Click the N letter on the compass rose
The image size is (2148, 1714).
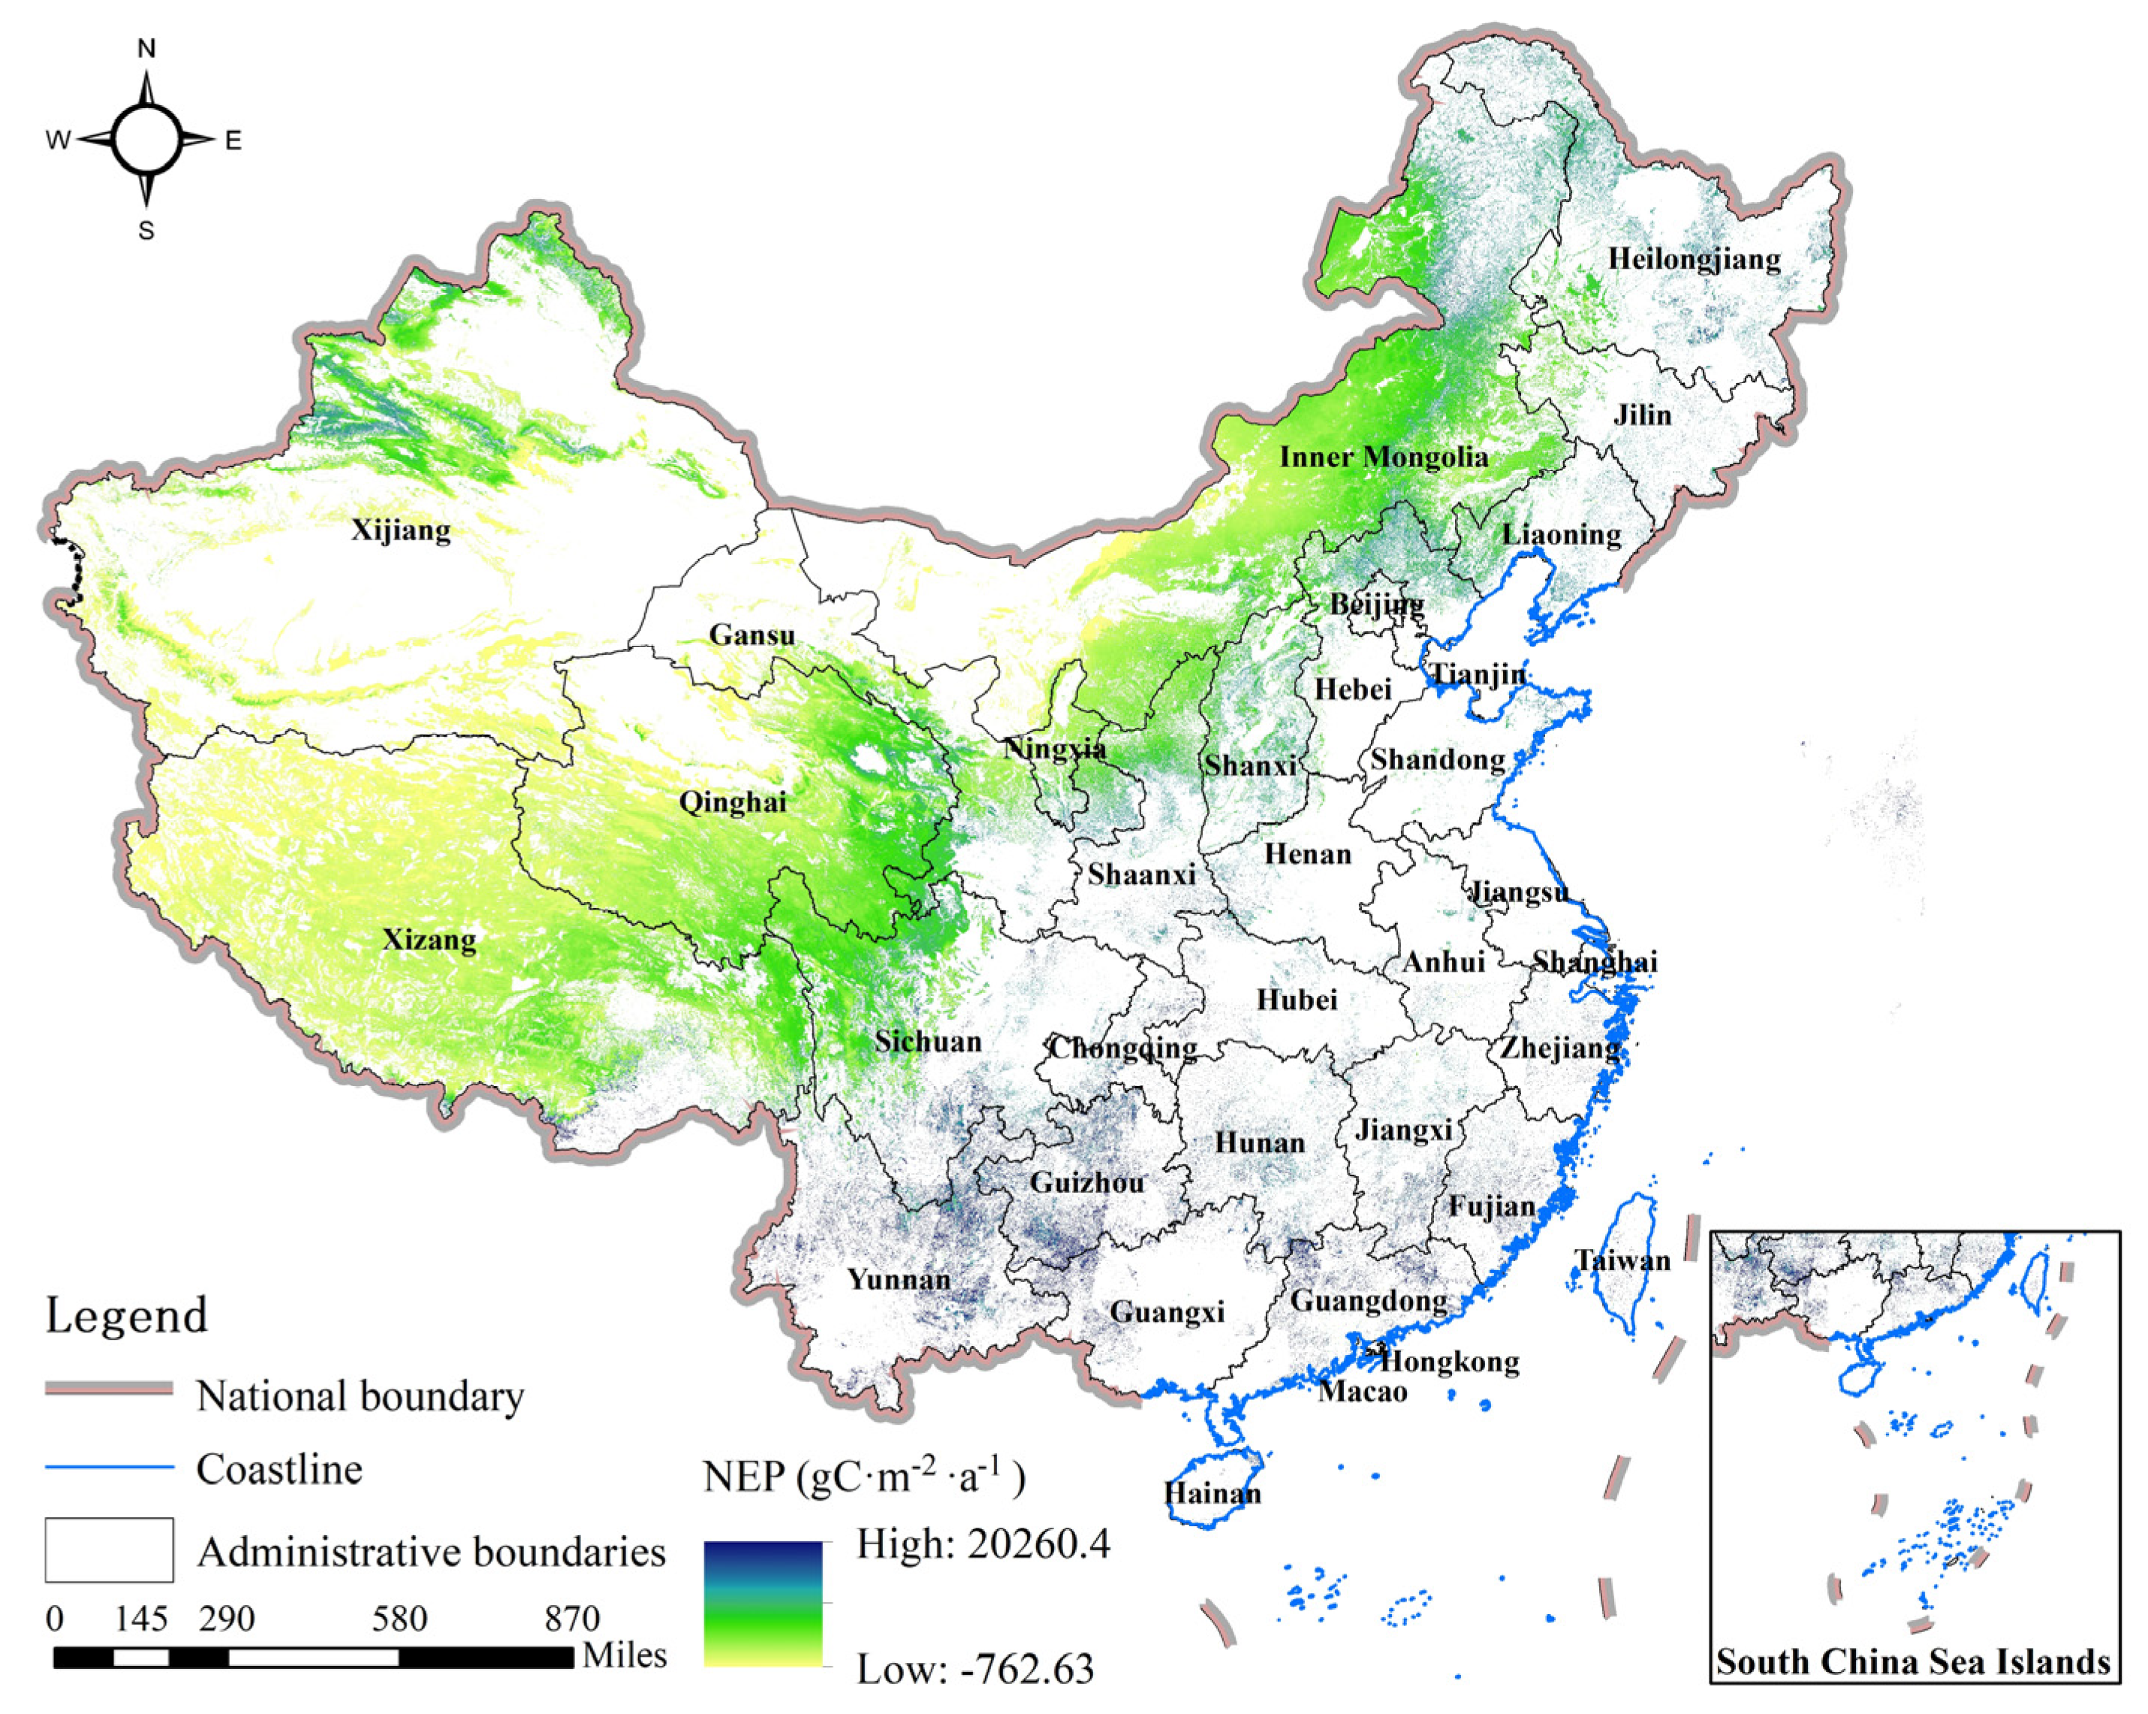coord(146,48)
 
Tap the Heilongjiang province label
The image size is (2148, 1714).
coord(1694,259)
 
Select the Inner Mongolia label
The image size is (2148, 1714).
coord(1383,457)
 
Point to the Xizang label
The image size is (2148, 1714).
coord(429,940)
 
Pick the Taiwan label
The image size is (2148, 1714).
coord(1622,1260)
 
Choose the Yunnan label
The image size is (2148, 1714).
coord(899,1280)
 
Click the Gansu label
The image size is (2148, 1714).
coord(752,635)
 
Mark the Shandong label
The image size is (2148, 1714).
coord(1438,759)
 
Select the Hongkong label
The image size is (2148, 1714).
coord(1450,1361)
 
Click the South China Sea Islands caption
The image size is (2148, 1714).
coord(1913,1662)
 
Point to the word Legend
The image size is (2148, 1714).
coord(127,1315)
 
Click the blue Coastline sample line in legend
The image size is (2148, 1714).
coord(109,1467)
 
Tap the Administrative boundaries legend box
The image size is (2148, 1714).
coord(109,1550)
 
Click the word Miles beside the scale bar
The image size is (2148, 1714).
coord(624,1655)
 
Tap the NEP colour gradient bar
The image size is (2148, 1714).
coord(762,1604)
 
